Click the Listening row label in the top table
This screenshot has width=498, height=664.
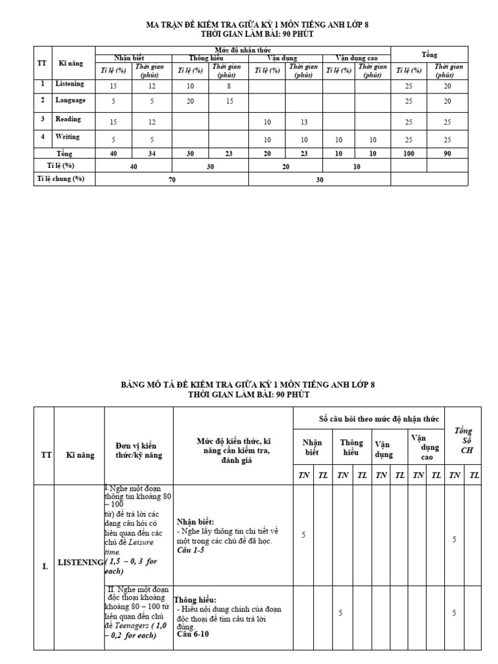[x=69, y=84]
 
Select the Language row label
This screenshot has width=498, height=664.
[x=71, y=100]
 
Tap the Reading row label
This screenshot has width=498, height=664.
[x=68, y=119]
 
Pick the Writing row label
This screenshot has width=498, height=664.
[x=67, y=137]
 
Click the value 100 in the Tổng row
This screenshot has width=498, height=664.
[x=409, y=154]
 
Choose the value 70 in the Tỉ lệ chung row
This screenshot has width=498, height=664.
[x=172, y=180]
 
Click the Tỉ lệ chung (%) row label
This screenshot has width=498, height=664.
[x=60, y=178]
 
